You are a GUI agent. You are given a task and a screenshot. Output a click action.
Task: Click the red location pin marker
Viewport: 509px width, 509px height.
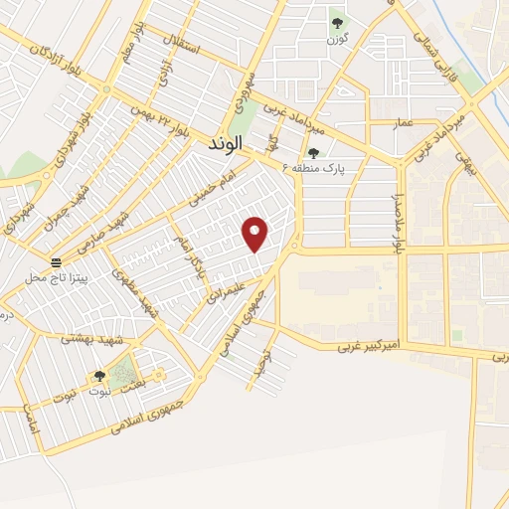coord(256,234)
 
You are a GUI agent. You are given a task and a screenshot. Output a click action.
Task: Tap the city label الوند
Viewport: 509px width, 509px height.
coord(227,145)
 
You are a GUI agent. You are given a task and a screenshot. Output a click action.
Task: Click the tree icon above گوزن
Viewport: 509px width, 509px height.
coord(336,21)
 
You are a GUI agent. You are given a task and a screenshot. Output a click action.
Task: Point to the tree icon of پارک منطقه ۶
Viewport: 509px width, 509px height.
coord(314,152)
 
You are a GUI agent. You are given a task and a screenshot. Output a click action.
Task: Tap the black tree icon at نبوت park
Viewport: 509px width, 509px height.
coord(98,376)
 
